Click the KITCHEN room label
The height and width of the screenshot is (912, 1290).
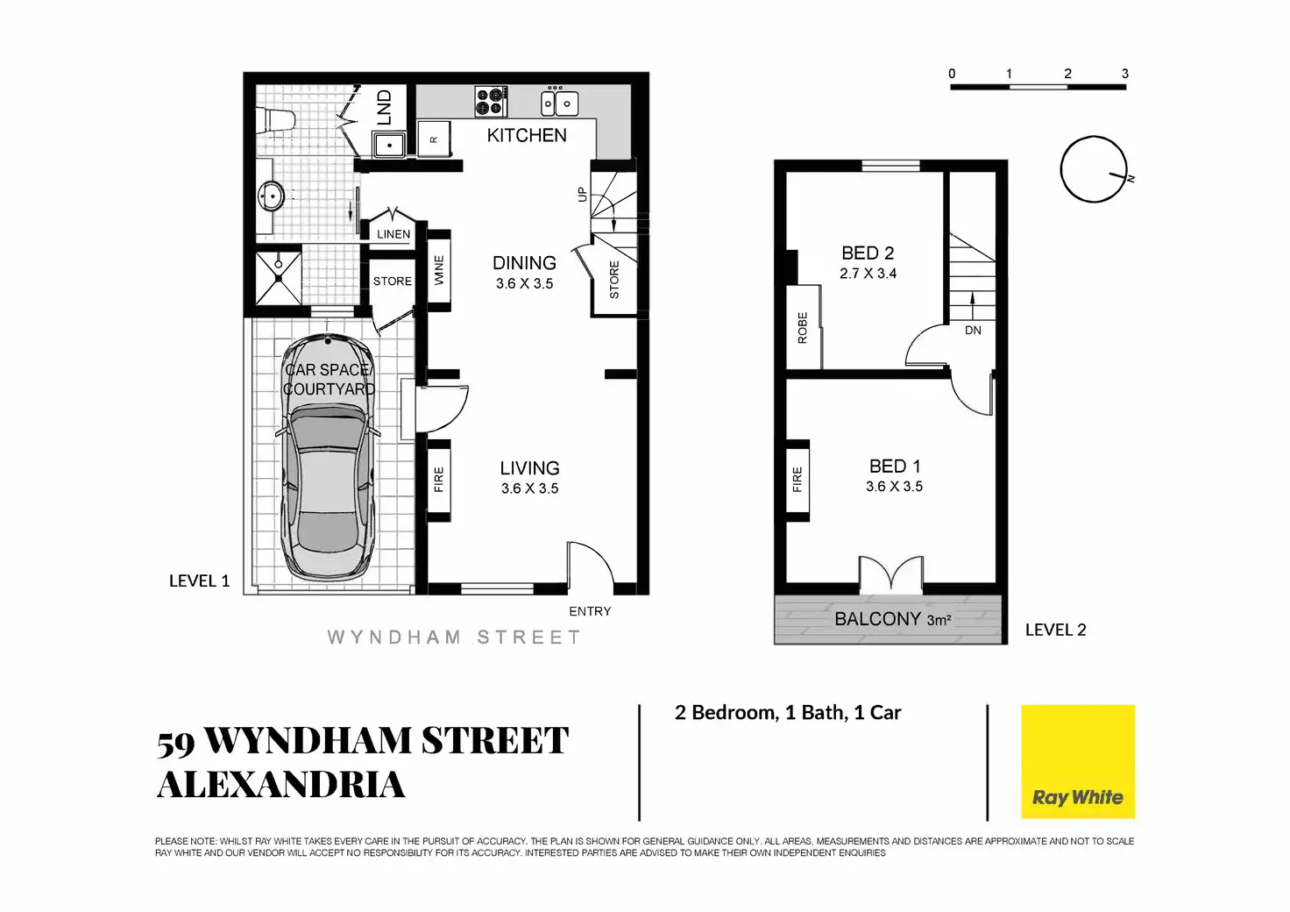(527, 135)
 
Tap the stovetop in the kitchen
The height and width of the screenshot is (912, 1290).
(491, 101)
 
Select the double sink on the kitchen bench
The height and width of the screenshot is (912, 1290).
(558, 103)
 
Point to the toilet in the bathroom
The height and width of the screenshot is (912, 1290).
(273, 120)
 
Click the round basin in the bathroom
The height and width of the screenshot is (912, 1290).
(271, 196)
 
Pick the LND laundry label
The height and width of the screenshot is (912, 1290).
(384, 107)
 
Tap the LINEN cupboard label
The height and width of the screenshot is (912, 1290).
(393, 234)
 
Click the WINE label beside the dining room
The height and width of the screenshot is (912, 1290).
(439, 270)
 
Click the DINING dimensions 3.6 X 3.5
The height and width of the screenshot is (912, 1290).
(524, 283)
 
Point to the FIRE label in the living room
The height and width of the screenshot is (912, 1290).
(439, 479)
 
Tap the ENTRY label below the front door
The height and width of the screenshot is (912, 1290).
(590, 611)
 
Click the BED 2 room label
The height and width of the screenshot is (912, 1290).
(868, 253)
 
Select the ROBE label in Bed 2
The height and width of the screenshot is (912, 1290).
(802, 327)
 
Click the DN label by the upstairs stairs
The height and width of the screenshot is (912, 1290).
(973, 331)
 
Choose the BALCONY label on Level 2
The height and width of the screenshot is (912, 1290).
(877, 619)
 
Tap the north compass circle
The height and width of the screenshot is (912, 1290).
(1093, 169)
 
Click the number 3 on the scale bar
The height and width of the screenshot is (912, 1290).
(1125, 74)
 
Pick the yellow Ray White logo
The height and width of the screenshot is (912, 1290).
(1078, 761)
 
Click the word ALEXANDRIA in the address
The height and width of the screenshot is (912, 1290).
(280, 784)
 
